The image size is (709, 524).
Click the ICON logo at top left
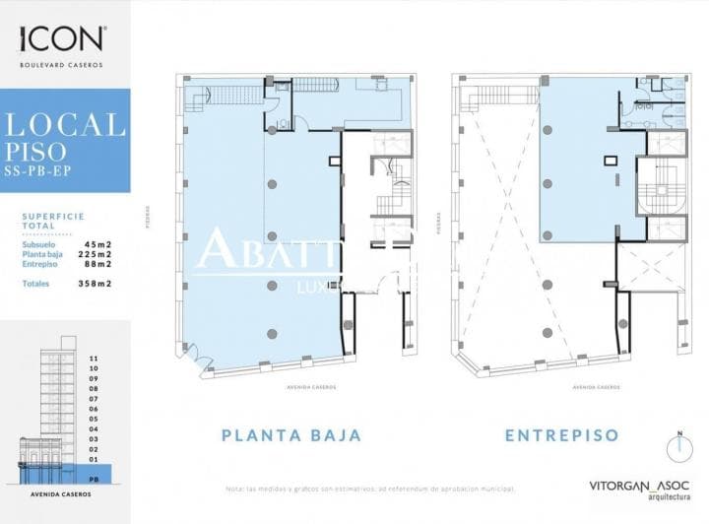(61, 38)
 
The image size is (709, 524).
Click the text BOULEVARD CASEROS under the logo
(61, 65)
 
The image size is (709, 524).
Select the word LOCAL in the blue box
(66, 125)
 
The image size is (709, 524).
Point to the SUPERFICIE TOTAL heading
(53, 220)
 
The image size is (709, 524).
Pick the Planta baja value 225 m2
(95, 253)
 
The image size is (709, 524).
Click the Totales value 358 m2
(95, 284)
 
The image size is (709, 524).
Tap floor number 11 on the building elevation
(94, 359)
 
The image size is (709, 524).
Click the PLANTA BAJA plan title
(290, 434)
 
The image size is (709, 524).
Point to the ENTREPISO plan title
(561, 434)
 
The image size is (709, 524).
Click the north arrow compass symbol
(679, 448)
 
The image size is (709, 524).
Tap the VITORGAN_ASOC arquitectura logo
(639, 488)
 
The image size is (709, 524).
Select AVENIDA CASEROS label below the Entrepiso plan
(591, 387)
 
